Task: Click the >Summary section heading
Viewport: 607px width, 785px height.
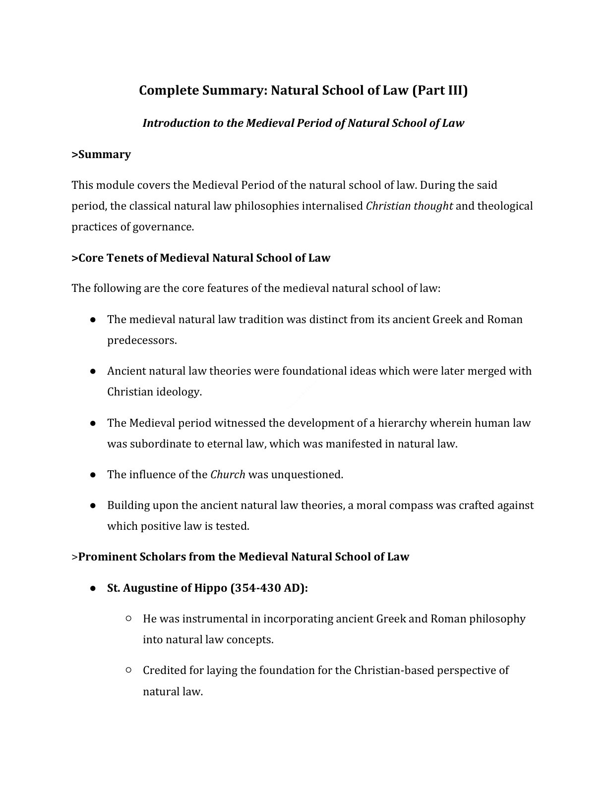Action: click(101, 155)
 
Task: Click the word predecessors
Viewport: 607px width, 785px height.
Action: click(142, 341)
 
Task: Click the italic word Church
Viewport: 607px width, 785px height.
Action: click(228, 475)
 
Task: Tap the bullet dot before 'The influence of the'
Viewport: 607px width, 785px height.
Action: click(93, 475)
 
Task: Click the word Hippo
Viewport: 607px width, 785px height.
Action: click(211, 588)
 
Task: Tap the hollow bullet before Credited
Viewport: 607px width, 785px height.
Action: click(128, 670)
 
